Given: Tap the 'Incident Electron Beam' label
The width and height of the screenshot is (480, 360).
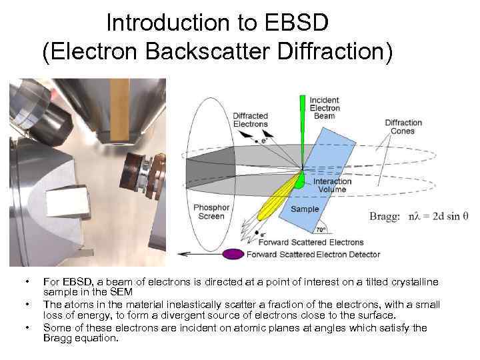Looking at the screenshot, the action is click(x=325, y=108).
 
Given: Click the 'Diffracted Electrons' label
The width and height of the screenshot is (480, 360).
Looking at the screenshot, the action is click(x=250, y=119).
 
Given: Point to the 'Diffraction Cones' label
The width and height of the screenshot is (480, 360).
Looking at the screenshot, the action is click(x=403, y=127).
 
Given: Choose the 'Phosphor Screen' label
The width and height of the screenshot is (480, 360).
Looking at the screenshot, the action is click(x=211, y=213).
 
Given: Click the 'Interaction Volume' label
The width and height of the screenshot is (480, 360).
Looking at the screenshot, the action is click(x=329, y=185).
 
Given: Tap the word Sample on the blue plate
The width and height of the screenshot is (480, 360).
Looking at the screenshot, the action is click(x=305, y=209).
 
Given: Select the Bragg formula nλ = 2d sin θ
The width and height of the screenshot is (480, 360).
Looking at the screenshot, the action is click(x=419, y=216).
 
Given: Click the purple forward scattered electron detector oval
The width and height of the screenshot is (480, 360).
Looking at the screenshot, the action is click(x=233, y=254).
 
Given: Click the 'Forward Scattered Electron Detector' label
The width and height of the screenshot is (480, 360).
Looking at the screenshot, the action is click(x=313, y=254).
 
